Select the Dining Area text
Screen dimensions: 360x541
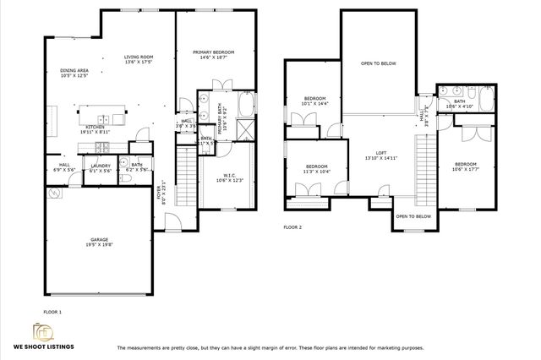pyautogui.click(x=74, y=73)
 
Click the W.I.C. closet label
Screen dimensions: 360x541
pyautogui.click(x=211, y=177)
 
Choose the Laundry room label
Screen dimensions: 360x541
pyautogui.click(x=101, y=167)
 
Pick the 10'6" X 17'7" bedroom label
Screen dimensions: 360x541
pyautogui.click(x=466, y=166)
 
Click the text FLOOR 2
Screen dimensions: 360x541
pyautogui.click(x=292, y=227)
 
